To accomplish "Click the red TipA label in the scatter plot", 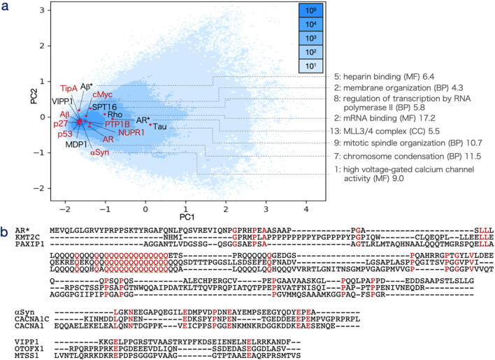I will click(x=69, y=89).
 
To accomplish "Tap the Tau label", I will click(x=159, y=126).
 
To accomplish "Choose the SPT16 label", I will click(x=104, y=107).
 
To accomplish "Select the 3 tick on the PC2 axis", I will click(x=43, y=10).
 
